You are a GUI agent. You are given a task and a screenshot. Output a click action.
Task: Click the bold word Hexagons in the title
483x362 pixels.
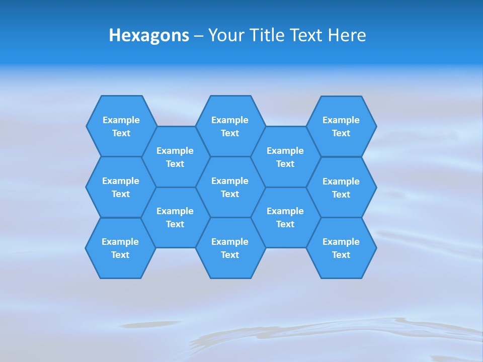pyautogui.click(x=149, y=35)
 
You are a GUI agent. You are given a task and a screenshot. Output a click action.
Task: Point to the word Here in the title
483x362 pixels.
pyautogui.click(x=347, y=35)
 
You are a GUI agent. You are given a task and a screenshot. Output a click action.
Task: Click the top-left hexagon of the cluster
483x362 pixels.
pyautogui.click(x=121, y=126)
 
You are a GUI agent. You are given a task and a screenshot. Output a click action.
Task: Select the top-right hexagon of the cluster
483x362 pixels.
pyautogui.click(x=341, y=126)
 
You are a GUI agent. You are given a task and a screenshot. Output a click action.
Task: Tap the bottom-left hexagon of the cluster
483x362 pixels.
pyautogui.click(x=121, y=248)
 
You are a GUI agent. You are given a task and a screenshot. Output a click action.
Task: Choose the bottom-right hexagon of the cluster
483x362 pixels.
pyautogui.click(x=341, y=248)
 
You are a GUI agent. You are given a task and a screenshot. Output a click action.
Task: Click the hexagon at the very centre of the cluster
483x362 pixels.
pyautogui.click(x=230, y=187)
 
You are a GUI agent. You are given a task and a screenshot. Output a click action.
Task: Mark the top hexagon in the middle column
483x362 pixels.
pyautogui.click(x=230, y=126)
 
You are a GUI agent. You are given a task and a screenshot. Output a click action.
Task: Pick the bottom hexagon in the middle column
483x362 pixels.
pyautogui.click(x=230, y=248)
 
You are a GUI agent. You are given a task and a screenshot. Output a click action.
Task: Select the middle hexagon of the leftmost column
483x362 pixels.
pyautogui.click(x=121, y=187)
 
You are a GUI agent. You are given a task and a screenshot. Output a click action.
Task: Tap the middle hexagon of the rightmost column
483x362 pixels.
pyautogui.click(x=341, y=188)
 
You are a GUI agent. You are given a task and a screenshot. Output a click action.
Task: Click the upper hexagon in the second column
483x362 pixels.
pyautogui.click(x=175, y=157)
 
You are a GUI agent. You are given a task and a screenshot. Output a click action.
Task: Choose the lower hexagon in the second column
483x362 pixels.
pyautogui.click(x=175, y=217)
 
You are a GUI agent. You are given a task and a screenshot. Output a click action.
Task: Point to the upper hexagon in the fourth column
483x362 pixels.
pyautogui.click(x=285, y=157)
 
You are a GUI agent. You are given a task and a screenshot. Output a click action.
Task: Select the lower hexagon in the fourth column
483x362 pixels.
pyautogui.click(x=285, y=217)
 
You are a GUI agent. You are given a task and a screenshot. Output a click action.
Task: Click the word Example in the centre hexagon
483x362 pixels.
pyautogui.click(x=230, y=181)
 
